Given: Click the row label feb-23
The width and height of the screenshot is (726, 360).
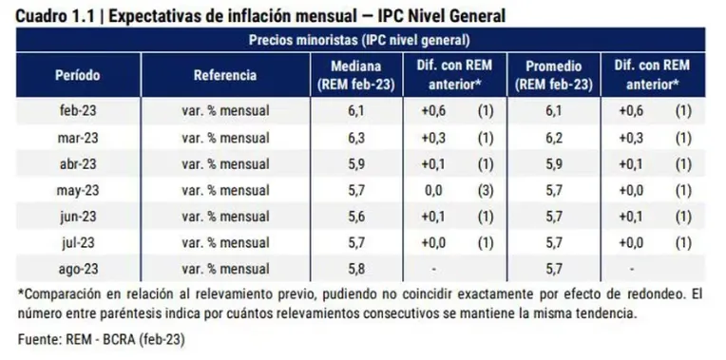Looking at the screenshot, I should click(x=77, y=110).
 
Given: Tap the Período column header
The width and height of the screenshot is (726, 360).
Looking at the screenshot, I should click(x=77, y=74).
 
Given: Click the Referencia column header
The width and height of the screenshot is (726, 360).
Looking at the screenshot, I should click(x=225, y=74).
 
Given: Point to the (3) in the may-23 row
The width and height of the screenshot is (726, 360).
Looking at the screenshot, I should click(x=485, y=190).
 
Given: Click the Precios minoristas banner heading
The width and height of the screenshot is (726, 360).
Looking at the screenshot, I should click(x=362, y=41).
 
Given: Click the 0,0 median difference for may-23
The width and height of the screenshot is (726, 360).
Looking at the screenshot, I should click(x=436, y=190).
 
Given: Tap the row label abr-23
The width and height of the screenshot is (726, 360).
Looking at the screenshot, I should click(x=77, y=163).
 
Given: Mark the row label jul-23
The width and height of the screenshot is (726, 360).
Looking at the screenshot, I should click(x=77, y=242).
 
